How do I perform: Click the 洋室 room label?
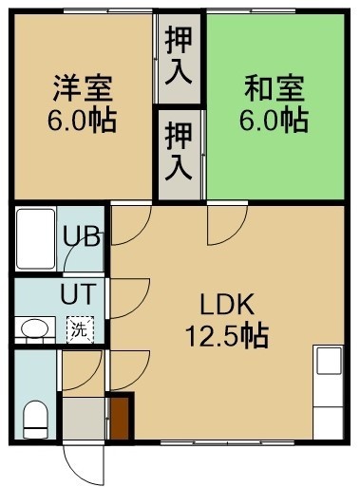(83, 88)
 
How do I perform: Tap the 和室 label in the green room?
(275, 88)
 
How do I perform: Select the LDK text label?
(227, 305)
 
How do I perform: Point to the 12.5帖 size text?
(227, 336)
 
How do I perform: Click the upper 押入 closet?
(180, 59)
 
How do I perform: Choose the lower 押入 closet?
(180, 155)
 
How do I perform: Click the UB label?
(82, 235)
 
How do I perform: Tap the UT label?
(78, 294)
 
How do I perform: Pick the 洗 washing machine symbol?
(80, 329)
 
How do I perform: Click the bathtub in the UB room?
(36, 239)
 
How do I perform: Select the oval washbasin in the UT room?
(34, 328)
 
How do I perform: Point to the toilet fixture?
(35, 420)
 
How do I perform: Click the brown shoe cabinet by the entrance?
(120, 418)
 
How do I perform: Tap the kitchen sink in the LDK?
(330, 361)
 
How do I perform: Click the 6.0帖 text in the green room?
(275, 121)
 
